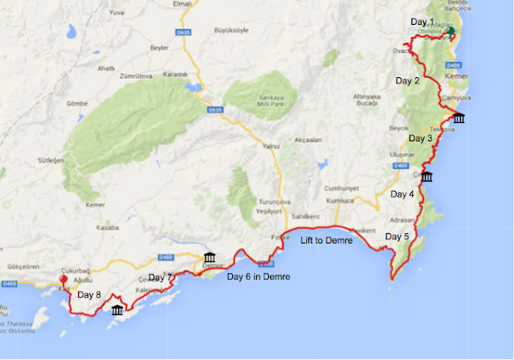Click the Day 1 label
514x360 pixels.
(x=422, y=22)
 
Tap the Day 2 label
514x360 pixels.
(x=408, y=81)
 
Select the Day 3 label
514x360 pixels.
(x=420, y=138)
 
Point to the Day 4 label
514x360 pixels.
(x=402, y=194)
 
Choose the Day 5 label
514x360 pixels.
(x=397, y=236)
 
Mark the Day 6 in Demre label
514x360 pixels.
(x=259, y=277)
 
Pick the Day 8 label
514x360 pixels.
(x=89, y=294)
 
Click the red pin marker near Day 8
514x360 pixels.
(x=63, y=281)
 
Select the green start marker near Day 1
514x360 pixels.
(x=451, y=31)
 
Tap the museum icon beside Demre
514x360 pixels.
(x=210, y=257)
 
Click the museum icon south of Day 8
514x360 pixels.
(x=117, y=310)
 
